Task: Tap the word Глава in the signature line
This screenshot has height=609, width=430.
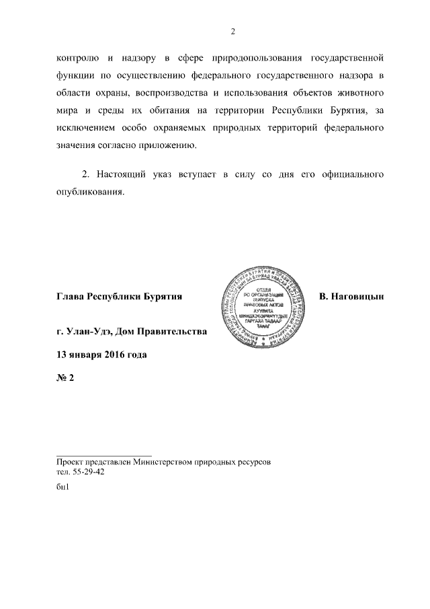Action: [x=71, y=297]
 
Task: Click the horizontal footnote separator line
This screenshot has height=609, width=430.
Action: [x=104, y=456]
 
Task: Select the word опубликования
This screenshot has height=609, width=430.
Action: [x=91, y=192]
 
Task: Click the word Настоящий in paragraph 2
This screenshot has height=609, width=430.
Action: [x=124, y=174]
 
